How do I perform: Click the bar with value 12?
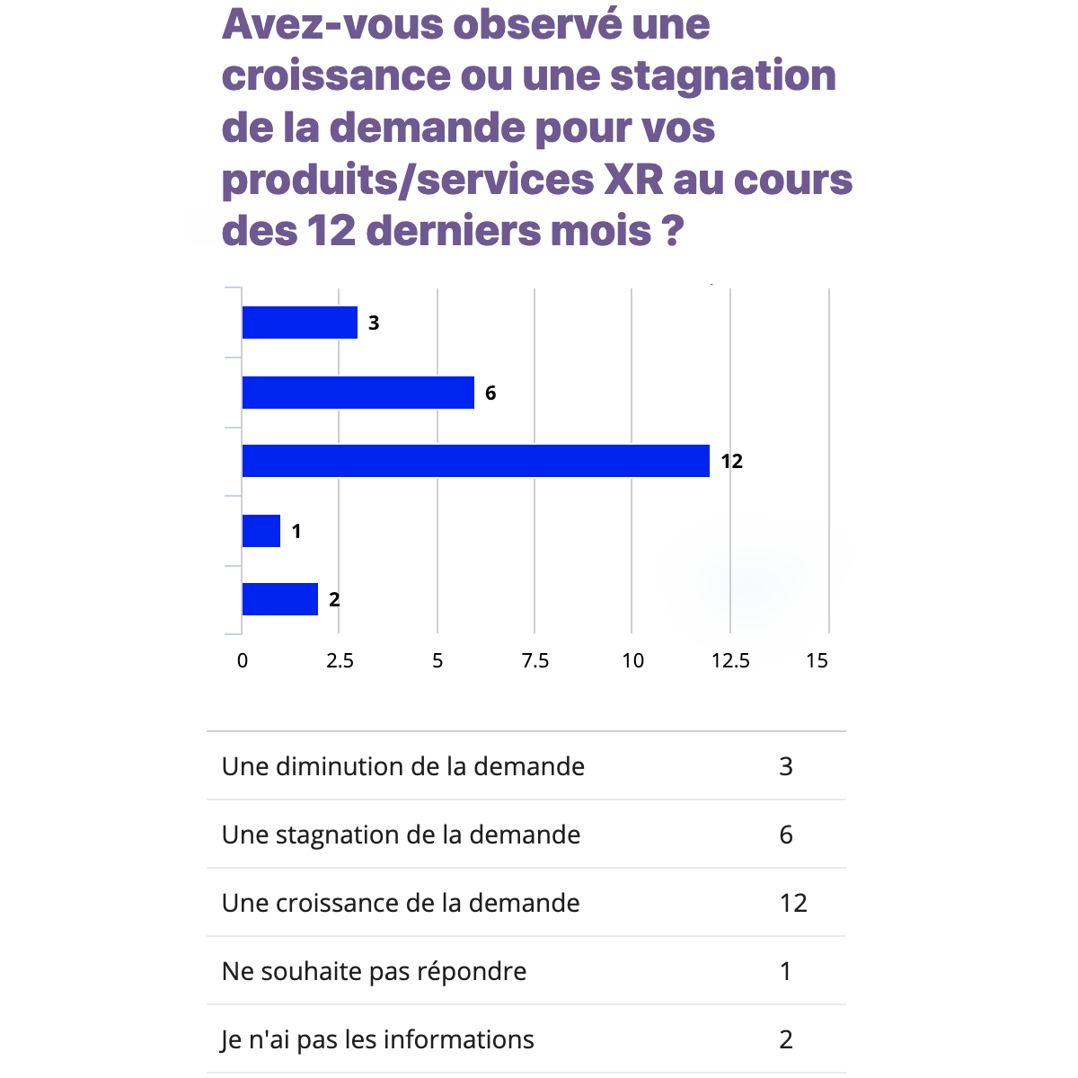coord(475,461)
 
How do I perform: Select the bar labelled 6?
coord(358,393)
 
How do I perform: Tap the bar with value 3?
coord(299,323)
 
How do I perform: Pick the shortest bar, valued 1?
coord(261,531)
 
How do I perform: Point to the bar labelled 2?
coord(279,599)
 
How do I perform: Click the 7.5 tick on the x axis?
coord(535,661)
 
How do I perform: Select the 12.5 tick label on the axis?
coord(730,661)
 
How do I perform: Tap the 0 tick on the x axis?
coord(243,661)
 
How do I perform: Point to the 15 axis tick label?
coord(817,661)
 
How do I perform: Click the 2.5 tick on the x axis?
coord(340,661)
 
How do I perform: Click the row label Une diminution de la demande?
coord(402,766)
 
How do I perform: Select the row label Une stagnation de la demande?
coord(401,835)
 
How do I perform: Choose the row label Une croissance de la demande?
coord(401,903)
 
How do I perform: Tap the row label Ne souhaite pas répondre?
coord(374,971)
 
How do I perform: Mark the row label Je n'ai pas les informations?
coord(377,1039)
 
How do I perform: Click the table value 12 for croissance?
coord(793,903)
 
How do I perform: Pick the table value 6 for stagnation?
coord(786,835)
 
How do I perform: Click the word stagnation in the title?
coord(723,75)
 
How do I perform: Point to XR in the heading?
coord(633,180)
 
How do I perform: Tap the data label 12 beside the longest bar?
coord(732,462)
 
